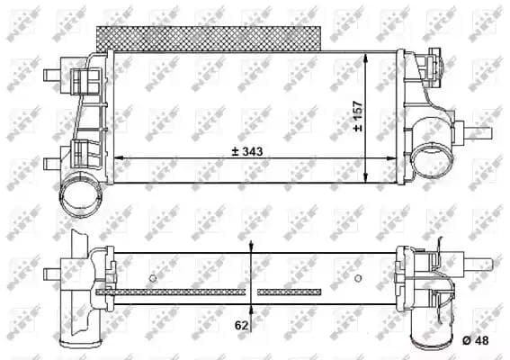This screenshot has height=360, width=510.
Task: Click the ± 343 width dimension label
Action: click(x=250, y=154)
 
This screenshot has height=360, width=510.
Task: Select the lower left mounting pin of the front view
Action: click(x=52, y=162)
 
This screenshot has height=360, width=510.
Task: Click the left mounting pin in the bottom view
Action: click(x=54, y=268)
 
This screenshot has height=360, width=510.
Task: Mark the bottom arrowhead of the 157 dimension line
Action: click(x=367, y=176)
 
